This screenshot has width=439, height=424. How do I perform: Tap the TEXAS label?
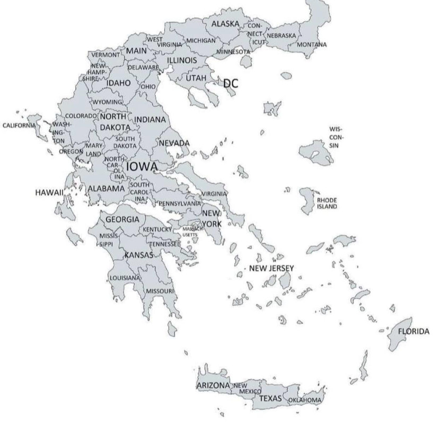pyautogui.click(x=271, y=398)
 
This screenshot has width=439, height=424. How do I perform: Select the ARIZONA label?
pyautogui.click(x=213, y=385)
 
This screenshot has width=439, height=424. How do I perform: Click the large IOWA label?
pyautogui.click(x=141, y=167)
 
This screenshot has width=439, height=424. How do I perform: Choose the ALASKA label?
pyautogui.click(x=225, y=24)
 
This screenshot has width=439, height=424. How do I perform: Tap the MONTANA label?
pyautogui.click(x=312, y=45)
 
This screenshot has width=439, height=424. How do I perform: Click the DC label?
pyautogui.click(x=230, y=83)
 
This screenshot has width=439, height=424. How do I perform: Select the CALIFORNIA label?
pyautogui.click(x=19, y=126)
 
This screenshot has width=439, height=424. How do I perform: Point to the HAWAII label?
pyautogui.click(x=49, y=191)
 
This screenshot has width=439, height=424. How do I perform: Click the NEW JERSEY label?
pyautogui.click(x=271, y=269)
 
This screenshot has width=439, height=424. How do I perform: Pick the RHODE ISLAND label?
pyautogui.click(x=327, y=204)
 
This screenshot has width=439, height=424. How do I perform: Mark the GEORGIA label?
pyautogui.click(x=122, y=219)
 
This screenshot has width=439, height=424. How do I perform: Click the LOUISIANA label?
pyautogui.click(x=125, y=278)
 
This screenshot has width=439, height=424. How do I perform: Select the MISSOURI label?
pyautogui.click(x=160, y=291)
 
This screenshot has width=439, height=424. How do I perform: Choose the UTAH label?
pyautogui.click(x=195, y=78)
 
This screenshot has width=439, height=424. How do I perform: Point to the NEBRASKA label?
pyautogui.click(x=281, y=35)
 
